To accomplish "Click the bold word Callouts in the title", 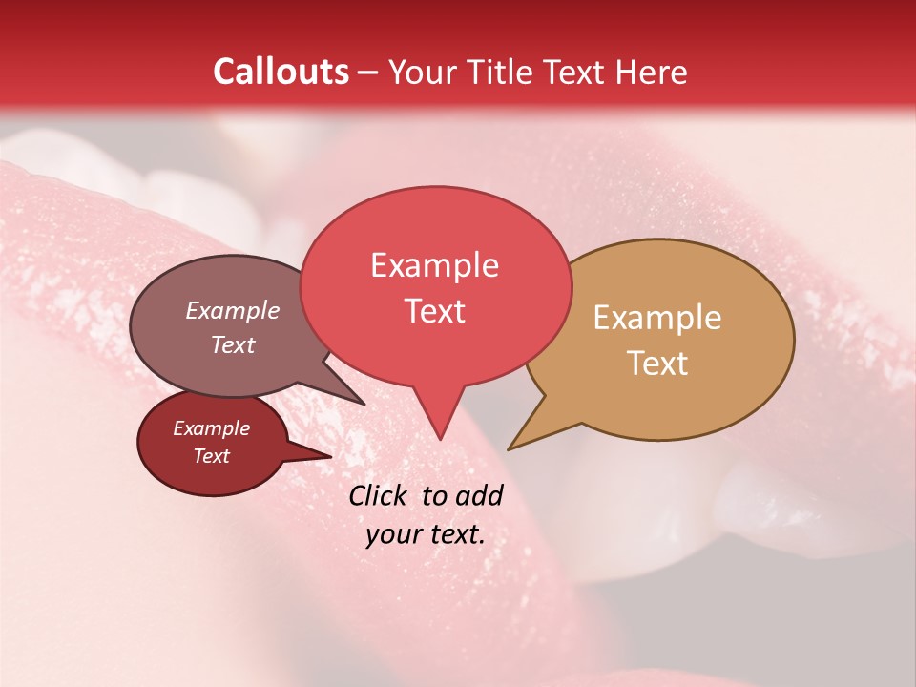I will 281,72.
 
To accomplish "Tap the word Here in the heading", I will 651,72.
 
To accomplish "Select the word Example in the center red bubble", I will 434,265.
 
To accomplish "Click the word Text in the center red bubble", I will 434,310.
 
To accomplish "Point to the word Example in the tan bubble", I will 657,318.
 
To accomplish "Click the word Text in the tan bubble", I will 657,363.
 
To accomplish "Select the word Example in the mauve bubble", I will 233,310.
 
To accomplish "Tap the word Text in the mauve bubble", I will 233,344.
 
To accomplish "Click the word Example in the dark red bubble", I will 211,428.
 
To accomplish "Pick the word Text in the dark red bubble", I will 211,456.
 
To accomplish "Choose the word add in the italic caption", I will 479,495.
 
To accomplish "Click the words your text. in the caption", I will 426,534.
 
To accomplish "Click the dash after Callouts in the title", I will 368,73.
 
